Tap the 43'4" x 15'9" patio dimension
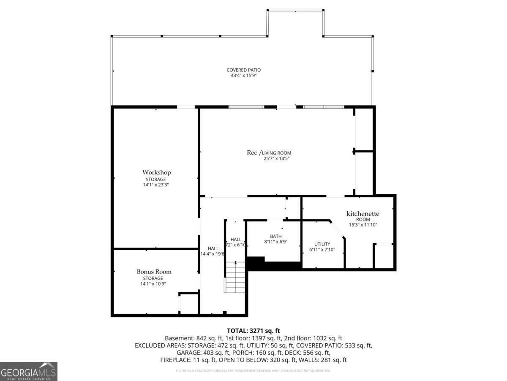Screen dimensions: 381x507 [x=243, y=76]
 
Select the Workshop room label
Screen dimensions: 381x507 [x=156, y=172]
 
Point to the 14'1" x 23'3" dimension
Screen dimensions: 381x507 [x=156, y=185]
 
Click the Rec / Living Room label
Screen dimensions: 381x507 [x=269, y=153]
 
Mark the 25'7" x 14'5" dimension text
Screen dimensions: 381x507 [x=276, y=159]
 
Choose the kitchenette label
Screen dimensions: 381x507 [x=363, y=214]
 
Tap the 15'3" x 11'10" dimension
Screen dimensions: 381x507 [x=363, y=225]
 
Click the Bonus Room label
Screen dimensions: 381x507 [x=154, y=272]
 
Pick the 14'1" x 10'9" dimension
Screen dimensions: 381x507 [x=153, y=284]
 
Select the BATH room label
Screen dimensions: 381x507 [x=275, y=237]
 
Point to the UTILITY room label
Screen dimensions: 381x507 [x=322, y=244]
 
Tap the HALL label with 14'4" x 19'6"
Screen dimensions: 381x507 [x=213, y=248]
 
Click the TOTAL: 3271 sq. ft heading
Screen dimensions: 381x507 [x=253, y=331]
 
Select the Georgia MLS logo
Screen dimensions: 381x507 [x=29, y=371]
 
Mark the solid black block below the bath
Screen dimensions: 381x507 [x=275, y=265]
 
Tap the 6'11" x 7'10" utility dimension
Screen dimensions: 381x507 [x=322, y=250]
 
